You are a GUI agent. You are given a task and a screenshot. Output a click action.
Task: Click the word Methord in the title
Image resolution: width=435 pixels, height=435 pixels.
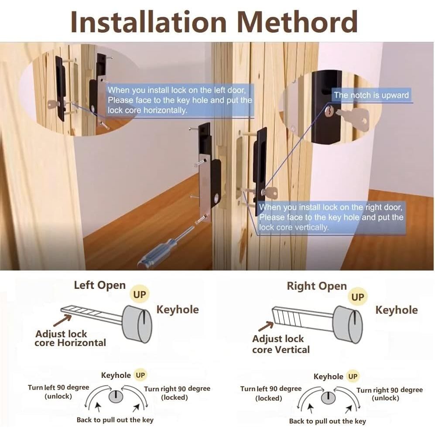point(297,22)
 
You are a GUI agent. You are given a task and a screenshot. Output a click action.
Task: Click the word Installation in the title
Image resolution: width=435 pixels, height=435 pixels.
point(149,22)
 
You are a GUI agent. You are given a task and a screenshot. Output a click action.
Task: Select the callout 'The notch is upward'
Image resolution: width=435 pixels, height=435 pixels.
point(371,95)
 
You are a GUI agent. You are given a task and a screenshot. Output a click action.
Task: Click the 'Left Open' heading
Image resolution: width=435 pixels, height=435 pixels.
point(99,285)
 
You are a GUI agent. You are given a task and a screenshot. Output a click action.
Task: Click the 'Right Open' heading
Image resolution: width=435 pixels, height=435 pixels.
point(316,286)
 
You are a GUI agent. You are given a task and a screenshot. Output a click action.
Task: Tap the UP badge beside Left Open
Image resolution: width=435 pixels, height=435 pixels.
point(140,295)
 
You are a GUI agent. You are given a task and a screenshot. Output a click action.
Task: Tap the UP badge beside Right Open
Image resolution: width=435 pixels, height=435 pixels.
point(357,297)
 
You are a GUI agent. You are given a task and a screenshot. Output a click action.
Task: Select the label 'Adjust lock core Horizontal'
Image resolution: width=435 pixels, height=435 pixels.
point(71,338)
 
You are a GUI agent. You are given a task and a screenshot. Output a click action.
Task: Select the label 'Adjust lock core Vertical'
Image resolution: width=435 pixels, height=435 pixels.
point(281,344)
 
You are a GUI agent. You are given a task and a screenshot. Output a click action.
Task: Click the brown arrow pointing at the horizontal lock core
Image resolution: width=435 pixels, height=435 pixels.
point(62,320)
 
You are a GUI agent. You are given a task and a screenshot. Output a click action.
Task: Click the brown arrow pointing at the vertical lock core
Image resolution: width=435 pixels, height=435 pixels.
point(266,326)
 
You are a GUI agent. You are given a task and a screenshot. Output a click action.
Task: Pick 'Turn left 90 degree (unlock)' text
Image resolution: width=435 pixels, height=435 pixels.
point(58,392)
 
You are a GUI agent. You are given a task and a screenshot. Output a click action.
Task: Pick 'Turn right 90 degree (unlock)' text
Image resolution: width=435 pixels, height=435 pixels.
point(389,394)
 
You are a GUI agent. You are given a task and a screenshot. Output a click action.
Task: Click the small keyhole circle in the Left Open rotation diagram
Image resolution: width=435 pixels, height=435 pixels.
point(116,396)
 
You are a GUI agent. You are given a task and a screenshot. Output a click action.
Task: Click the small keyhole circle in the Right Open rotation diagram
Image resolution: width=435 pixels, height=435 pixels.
point(328,398)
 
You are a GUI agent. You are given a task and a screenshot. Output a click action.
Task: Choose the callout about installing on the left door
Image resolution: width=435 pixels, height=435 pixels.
point(179,100)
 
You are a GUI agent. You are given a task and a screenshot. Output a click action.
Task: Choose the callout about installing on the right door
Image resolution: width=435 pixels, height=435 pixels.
point(331,217)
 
